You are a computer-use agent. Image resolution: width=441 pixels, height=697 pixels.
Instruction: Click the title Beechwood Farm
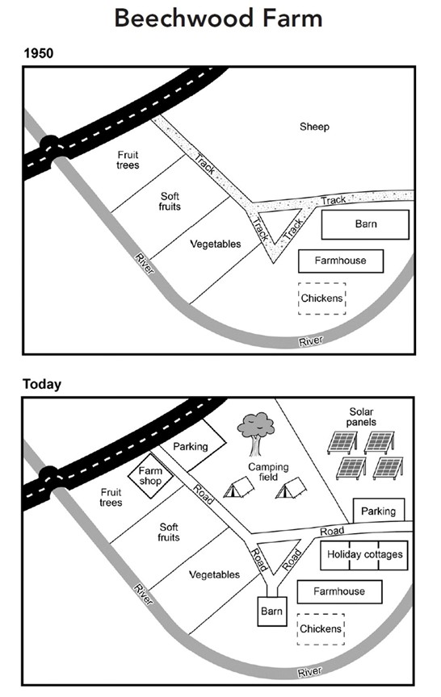click(218, 18)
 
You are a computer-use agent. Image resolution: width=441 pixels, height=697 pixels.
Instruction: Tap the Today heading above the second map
click(41, 384)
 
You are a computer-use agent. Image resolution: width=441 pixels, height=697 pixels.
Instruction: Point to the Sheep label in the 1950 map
click(314, 127)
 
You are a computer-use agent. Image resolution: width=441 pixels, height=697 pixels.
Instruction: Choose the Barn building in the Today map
click(271, 612)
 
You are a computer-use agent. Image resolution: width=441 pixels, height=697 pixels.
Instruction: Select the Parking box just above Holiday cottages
click(378, 511)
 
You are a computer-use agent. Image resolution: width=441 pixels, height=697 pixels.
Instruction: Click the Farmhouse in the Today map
click(338, 591)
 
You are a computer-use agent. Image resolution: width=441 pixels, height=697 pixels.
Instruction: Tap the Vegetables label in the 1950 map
click(215, 244)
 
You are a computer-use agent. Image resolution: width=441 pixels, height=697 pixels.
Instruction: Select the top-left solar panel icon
click(342, 442)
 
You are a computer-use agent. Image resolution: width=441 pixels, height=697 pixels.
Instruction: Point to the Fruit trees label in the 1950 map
click(128, 160)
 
